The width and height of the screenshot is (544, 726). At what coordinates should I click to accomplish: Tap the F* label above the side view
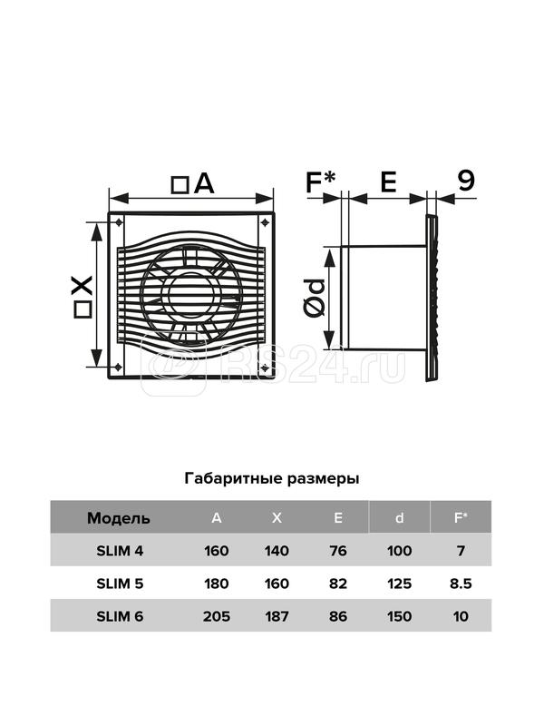coord(320,182)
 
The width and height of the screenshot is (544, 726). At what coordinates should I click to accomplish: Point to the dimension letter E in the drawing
coord(387,182)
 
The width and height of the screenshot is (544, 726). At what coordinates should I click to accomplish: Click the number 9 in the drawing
coord(466,182)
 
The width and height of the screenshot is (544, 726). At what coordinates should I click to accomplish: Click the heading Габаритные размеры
coord(271,477)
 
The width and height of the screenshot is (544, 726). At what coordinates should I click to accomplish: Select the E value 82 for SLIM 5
coord(338,584)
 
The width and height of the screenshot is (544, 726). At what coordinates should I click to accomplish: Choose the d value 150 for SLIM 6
coord(399,616)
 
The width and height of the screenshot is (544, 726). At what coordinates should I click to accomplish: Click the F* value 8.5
coord(460,584)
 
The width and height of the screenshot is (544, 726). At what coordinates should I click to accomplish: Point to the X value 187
coord(277,616)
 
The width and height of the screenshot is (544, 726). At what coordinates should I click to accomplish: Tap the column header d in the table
coord(399,518)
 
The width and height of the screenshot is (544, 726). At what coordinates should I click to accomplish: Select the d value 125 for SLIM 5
coord(399,584)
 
